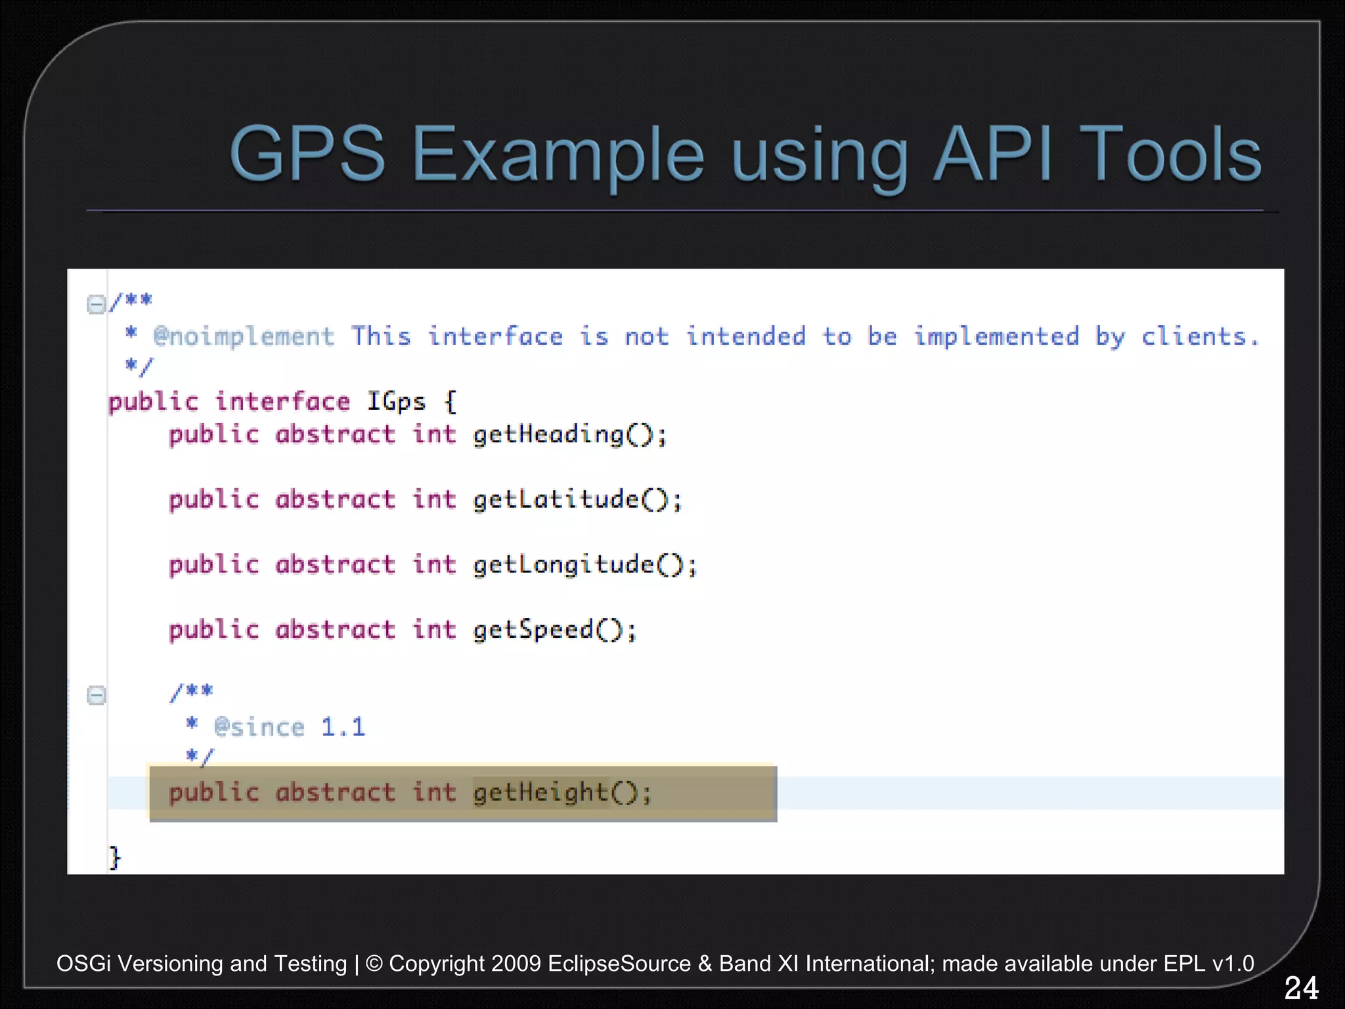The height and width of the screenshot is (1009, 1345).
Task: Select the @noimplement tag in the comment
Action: pyautogui.click(x=244, y=337)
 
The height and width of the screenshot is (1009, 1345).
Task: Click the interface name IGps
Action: pyautogui.click(x=396, y=401)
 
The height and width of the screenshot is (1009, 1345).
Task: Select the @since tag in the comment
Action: pyautogui.click(x=259, y=727)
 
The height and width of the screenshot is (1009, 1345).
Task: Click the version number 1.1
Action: pyautogui.click(x=343, y=727)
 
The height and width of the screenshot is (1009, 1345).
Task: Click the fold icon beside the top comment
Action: pyautogui.click(x=96, y=304)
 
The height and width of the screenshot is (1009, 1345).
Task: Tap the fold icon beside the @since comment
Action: pyautogui.click(x=96, y=695)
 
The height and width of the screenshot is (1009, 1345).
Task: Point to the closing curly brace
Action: pyautogui.click(x=115, y=857)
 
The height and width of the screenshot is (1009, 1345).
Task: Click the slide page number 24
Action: pyautogui.click(x=1300, y=988)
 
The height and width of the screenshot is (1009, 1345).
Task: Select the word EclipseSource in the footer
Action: pyautogui.click(x=619, y=964)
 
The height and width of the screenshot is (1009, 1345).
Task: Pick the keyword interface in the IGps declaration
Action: pyautogui.click(x=282, y=401)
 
